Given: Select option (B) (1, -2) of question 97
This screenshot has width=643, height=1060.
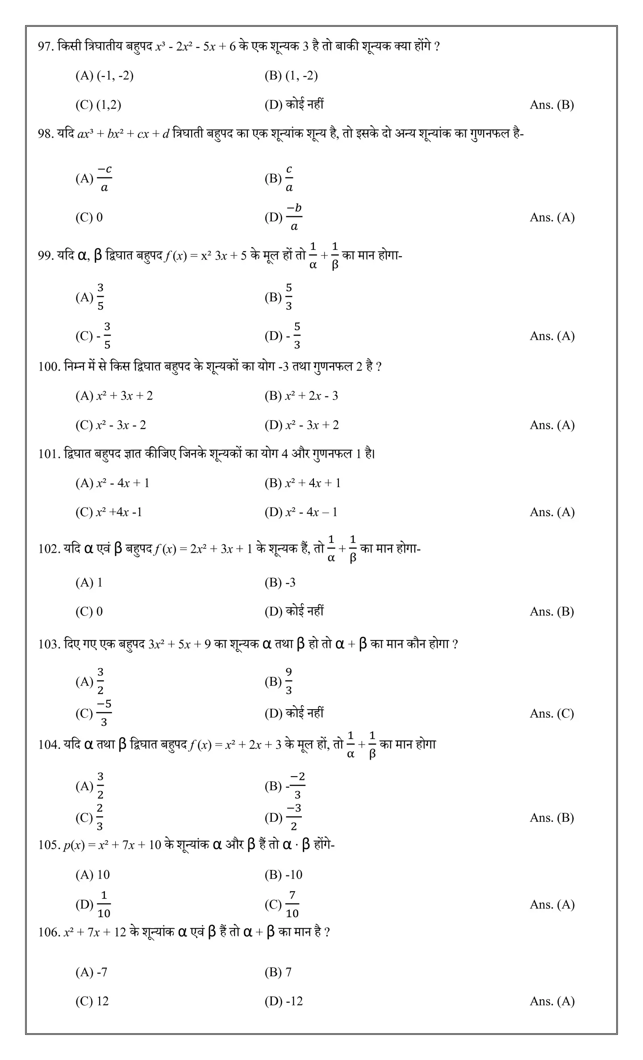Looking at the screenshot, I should click(x=291, y=76).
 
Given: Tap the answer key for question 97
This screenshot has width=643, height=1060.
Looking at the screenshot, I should click(x=551, y=105).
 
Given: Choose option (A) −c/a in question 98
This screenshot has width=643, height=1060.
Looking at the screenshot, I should click(x=94, y=178).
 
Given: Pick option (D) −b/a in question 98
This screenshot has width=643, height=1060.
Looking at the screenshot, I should click(x=284, y=217).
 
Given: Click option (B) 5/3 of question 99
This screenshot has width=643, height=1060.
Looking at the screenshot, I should click(x=279, y=297).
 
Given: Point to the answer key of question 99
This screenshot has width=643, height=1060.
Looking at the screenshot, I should click(x=552, y=336).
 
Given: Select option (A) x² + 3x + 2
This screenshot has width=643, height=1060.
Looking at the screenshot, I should click(x=114, y=396).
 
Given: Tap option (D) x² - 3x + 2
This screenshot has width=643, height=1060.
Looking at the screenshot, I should click(x=301, y=425).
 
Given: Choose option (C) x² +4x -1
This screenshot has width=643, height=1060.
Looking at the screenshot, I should click(x=109, y=512).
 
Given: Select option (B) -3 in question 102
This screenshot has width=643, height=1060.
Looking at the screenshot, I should click(x=280, y=583).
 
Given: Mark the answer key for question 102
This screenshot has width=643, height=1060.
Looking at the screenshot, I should click(x=551, y=612).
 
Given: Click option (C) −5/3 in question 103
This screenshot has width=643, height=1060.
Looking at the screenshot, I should click(x=94, y=713).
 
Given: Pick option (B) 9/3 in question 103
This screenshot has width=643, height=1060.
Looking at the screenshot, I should click(x=279, y=681).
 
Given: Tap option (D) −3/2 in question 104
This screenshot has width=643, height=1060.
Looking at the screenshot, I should click(x=284, y=818).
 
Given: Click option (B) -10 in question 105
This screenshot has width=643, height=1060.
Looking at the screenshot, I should click(x=283, y=875).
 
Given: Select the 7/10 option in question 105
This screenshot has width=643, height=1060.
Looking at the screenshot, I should click(x=282, y=904).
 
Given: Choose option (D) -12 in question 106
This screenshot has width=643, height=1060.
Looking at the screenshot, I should click(x=283, y=1001).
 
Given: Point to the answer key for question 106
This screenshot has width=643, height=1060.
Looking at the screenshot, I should click(x=552, y=1001).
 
